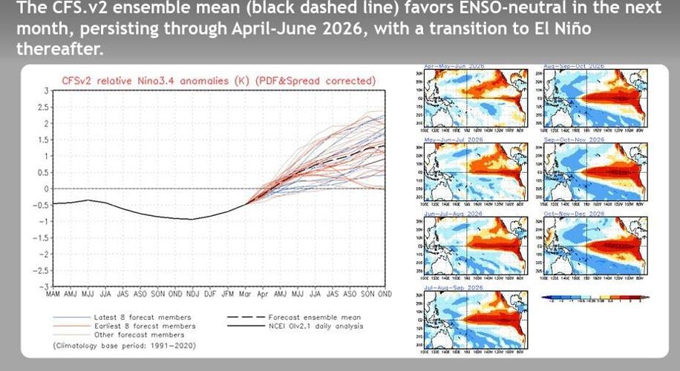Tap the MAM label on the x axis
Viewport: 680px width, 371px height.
point(53,295)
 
